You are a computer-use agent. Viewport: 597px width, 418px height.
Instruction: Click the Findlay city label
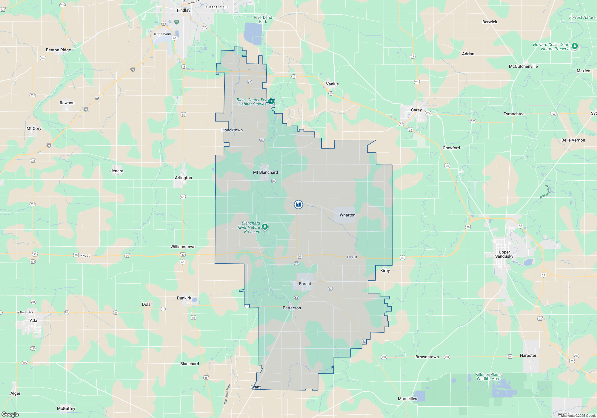tap(184, 10)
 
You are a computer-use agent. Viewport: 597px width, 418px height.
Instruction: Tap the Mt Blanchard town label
tap(265, 172)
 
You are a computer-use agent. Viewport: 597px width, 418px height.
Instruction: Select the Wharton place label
tap(347, 215)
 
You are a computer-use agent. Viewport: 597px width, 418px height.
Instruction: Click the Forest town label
tap(305, 284)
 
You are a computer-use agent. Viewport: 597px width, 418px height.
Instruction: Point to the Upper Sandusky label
tap(504, 254)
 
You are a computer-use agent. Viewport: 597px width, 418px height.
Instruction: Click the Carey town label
tap(416, 110)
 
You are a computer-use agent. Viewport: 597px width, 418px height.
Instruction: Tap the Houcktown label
tap(232, 130)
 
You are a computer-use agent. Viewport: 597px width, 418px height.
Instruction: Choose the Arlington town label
tap(183, 178)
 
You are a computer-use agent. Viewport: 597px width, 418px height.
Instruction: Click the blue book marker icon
tap(298, 205)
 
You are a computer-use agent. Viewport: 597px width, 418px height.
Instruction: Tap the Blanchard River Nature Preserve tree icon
tap(264, 227)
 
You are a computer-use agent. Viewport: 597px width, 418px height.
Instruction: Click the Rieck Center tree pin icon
tap(271, 102)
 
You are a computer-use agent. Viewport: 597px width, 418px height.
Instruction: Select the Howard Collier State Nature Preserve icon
tap(575, 46)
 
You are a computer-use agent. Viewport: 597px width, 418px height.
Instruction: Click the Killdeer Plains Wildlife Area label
tap(488, 376)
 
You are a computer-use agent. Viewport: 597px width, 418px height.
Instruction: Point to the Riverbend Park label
tap(263, 19)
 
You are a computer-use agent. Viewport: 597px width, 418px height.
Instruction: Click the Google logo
tap(10, 414)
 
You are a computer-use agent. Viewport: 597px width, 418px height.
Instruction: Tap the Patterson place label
tap(292, 308)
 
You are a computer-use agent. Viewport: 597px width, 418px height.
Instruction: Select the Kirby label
tap(385, 271)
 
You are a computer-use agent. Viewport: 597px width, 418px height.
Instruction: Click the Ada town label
tap(33, 320)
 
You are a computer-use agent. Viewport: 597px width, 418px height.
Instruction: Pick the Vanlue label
tap(332, 84)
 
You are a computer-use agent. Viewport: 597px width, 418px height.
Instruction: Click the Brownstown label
tap(427, 357)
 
